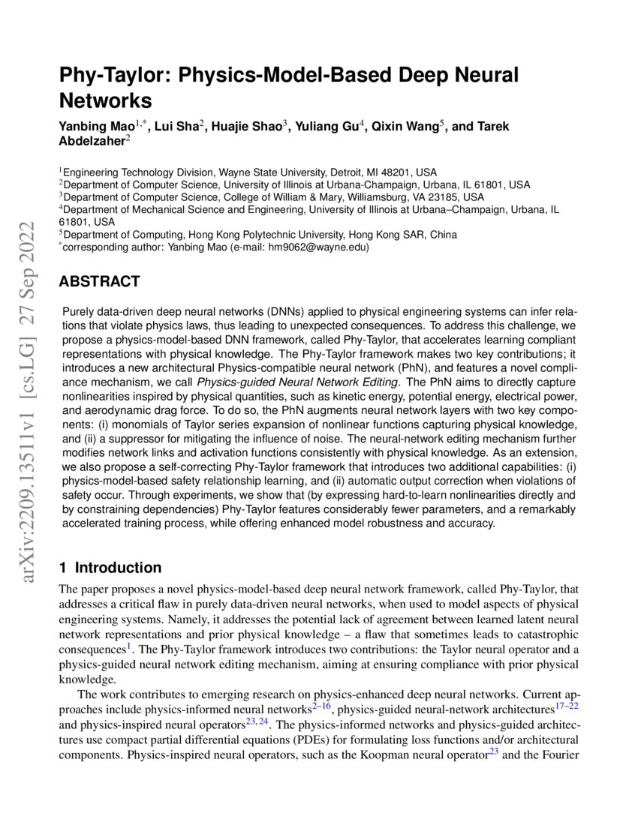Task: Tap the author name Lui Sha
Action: pyautogui.click(x=179, y=126)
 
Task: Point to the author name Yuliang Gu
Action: pyautogui.click(x=330, y=126)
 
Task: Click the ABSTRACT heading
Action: pyautogui.click(x=99, y=282)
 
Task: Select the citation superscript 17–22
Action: pyautogui.click(x=567, y=706)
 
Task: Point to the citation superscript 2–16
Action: pyautogui.click(x=323, y=706)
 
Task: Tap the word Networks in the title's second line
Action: pyautogui.click(x=105, y=100)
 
